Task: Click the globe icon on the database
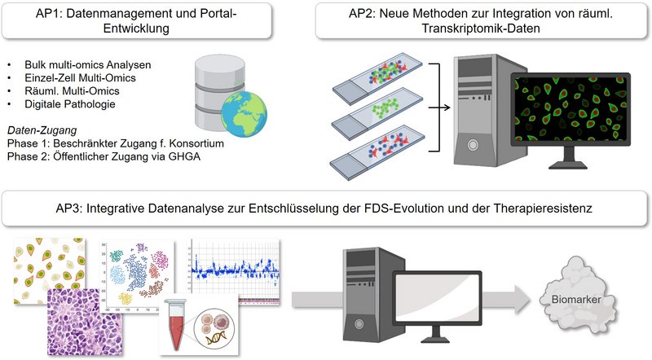244,114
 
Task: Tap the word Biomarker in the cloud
576,299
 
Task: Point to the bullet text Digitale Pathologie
70,104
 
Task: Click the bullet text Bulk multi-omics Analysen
88,65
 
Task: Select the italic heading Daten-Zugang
42,130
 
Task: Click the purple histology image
86,323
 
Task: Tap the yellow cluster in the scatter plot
126,298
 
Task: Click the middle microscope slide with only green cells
377,113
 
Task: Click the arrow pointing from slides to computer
439,108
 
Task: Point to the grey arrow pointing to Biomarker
506,299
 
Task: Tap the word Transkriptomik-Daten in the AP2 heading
481,29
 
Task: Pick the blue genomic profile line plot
235,270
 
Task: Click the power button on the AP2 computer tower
473,145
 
